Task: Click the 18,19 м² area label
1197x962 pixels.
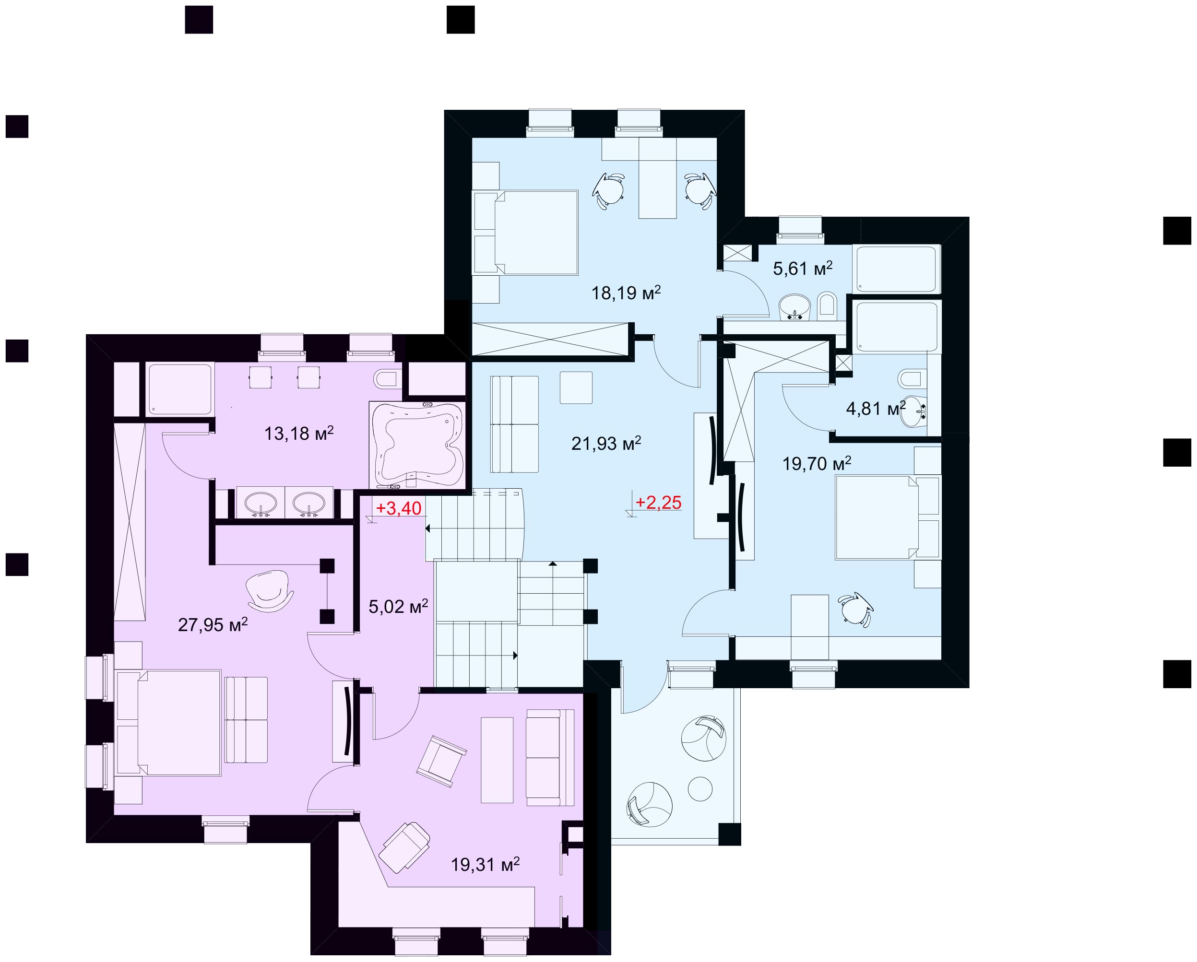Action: pos(626,292)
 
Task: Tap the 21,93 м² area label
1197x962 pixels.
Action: pos(606,443)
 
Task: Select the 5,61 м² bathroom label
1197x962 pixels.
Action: pos(803,269)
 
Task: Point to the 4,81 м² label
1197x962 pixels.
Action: pos(876,409)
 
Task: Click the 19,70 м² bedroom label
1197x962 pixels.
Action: pos(817,463)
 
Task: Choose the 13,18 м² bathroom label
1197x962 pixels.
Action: pos(299,433)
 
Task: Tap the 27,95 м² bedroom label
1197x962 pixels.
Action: pos(213,625)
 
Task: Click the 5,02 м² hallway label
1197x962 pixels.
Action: pos(398,606)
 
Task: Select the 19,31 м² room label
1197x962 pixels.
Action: pos(485,864)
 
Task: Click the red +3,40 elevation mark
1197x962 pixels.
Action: pos(399,508)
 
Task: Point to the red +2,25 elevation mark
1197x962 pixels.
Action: pos(658,503)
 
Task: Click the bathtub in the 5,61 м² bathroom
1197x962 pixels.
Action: pos(896,269)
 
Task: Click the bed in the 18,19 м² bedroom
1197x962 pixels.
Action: pos(525,233)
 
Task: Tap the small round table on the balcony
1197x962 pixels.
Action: pos(699,788)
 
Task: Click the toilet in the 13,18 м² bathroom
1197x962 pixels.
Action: pos(388,379)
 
